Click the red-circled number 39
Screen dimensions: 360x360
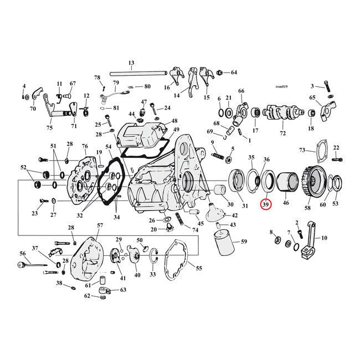click(266, 204)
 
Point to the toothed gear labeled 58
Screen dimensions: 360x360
click(314, 179)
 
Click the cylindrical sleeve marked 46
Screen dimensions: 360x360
click(286, 181)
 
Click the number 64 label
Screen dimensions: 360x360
click(234, 73)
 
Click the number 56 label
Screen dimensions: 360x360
click(23, 253)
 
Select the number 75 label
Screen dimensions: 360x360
click(49, 128)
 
